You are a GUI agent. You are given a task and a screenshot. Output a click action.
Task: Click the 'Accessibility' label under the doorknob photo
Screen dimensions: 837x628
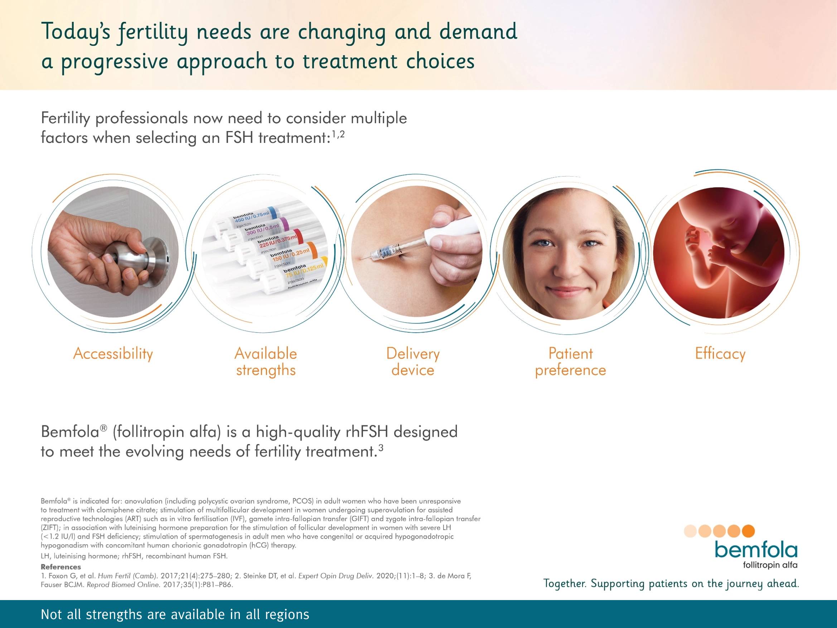113,354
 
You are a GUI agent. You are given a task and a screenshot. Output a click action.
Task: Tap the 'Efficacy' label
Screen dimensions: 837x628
720,354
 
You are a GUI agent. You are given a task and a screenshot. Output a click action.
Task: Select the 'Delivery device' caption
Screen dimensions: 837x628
413,362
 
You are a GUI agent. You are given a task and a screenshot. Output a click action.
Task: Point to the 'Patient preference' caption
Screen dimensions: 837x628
570,362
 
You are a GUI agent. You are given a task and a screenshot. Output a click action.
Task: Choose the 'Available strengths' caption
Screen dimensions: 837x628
266,362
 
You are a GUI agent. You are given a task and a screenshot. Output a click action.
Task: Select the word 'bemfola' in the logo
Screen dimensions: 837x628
756,551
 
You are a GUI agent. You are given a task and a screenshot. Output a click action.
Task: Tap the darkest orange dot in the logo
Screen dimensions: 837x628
748,531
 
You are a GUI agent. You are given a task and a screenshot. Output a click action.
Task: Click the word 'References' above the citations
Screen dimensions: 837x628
61,567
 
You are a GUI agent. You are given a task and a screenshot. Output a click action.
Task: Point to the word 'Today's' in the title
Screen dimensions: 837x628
76,32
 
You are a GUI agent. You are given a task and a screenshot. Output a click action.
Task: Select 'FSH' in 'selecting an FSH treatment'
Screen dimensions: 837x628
239,138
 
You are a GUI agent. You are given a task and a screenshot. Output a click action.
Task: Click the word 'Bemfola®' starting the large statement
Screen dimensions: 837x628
74,431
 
